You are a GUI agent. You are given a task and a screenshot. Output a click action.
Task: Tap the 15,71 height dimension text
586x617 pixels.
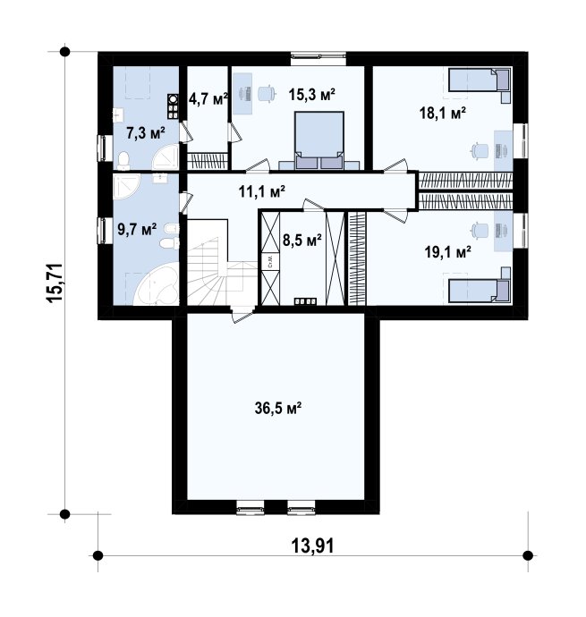coord(55,283)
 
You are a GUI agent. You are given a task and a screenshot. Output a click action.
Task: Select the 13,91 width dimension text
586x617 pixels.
coord(312,545)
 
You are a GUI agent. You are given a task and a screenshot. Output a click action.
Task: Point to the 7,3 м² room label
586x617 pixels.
coord(145,133)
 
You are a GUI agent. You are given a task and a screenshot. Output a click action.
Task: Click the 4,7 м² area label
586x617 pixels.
coord(208,98)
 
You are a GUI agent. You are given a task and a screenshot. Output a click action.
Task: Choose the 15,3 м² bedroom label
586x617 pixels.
coord(312,94)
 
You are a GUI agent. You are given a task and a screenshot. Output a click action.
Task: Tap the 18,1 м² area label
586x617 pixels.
coord(443,114)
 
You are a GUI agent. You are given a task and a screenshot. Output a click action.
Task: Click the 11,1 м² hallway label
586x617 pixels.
coord(262,191)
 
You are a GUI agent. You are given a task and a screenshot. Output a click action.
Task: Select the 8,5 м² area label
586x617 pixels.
coord(302,240)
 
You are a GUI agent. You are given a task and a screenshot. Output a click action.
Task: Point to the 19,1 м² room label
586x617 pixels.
coord(448,251)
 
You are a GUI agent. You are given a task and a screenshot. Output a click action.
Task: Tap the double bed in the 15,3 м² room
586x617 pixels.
coord(319,140)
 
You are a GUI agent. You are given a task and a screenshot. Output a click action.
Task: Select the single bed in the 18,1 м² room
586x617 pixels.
coord(480,80)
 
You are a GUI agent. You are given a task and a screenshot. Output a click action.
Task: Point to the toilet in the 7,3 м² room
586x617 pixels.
coord(123,161)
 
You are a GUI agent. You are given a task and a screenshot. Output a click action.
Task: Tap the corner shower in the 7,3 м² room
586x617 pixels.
coord(166,157)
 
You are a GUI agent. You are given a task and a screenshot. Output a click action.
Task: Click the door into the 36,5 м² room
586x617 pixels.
coord(242,315)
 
